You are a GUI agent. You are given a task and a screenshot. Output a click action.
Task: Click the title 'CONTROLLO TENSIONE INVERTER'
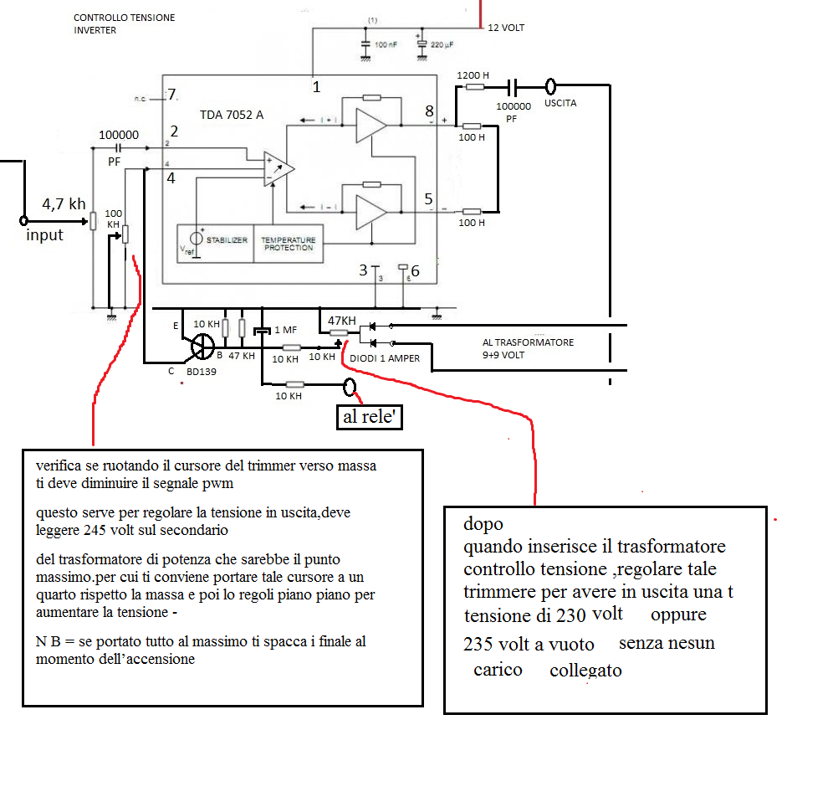point(125,23)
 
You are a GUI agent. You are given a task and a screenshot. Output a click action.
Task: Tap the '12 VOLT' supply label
point(506,28)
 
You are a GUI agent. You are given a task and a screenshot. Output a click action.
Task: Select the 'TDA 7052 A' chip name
point(232,115)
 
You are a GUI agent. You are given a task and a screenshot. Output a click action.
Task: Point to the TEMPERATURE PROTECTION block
point(288,244)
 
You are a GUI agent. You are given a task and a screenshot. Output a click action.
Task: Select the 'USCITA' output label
point(560,104)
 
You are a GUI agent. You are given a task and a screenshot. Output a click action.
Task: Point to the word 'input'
point(44,235)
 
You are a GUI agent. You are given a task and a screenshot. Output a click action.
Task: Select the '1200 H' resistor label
point(473,75)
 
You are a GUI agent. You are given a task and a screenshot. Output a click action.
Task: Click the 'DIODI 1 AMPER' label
point(385,358)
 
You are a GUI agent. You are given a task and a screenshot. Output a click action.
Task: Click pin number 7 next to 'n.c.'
point(172,95)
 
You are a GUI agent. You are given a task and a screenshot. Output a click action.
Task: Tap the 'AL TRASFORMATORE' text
point(528,342)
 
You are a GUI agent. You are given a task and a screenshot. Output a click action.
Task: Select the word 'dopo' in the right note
point(483,525)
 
